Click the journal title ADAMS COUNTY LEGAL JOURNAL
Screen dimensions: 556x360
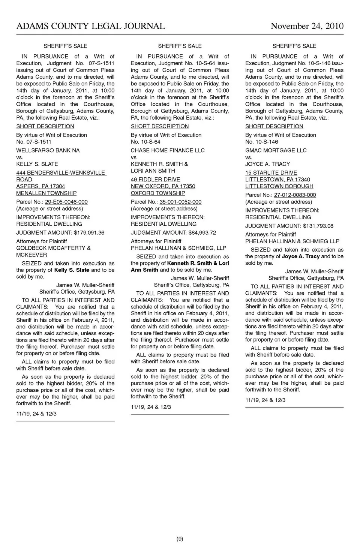click(90, 26)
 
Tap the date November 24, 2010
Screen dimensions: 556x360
click(307, 26)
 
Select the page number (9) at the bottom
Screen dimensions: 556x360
click(180, 539)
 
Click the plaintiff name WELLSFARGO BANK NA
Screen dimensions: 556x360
click(48, 150)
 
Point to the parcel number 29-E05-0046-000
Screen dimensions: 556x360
click(66, 202)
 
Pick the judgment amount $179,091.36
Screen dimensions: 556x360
click(89, 232)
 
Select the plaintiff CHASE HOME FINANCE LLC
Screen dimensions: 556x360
click(168, 150)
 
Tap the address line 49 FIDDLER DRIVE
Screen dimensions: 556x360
click(155, 180)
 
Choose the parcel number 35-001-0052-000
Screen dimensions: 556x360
click(180, 202)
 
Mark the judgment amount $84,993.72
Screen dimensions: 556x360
click(202, 232)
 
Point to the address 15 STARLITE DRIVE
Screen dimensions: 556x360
click(271, 173)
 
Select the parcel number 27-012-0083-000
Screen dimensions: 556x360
click(295, 195)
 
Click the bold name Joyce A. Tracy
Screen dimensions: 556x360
click(300, 256)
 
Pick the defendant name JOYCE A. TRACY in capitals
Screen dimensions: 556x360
click(267, 164)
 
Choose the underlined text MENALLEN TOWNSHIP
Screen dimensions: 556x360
click(46, 193)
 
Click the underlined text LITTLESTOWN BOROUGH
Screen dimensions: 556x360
click(279, 186)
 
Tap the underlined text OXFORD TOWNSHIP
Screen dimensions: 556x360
click(157, 193)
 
